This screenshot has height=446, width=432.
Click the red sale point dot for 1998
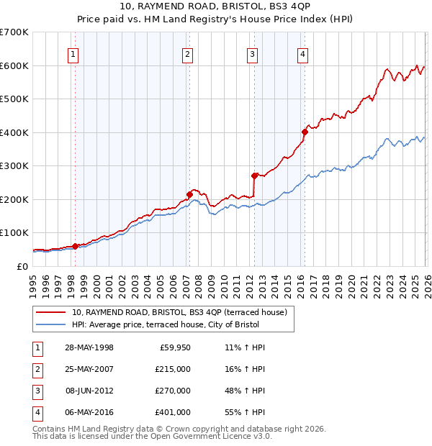tap(75, 246)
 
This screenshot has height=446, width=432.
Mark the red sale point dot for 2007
tap(189, 194)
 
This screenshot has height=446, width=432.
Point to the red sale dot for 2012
tap(254, 176)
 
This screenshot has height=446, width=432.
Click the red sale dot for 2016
tap(305, 132)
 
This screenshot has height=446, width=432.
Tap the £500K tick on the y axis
tap(14, 99)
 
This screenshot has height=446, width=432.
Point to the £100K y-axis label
tap(14, 233)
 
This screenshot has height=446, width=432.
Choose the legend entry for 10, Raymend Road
tap(179, 312)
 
